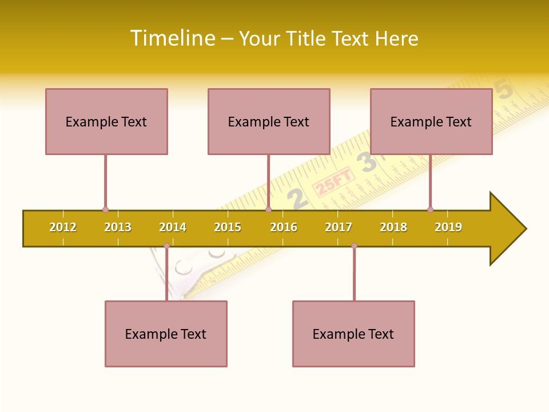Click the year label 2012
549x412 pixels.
(63, 227)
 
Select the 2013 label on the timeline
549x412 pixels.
(118, 227)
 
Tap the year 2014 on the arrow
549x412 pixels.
(173, 227)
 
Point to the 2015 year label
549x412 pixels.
(228, 227)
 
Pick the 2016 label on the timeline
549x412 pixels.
(284, 227)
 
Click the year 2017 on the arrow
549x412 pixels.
(339, 227)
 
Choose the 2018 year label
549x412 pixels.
(393, 227)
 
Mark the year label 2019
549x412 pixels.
(448, 227)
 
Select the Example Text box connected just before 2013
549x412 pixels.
(106, 121)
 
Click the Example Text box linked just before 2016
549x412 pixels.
(269, 121)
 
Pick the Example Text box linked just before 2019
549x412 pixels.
(431, 121)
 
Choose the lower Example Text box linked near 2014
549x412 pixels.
(166, 334)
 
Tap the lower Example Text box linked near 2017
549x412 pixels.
(353, 334)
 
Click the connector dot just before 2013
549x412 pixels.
(105, 210)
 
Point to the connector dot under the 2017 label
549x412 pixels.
(354, 246)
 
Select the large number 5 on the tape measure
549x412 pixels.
(503, 90)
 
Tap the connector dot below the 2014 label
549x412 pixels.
(166, 246)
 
